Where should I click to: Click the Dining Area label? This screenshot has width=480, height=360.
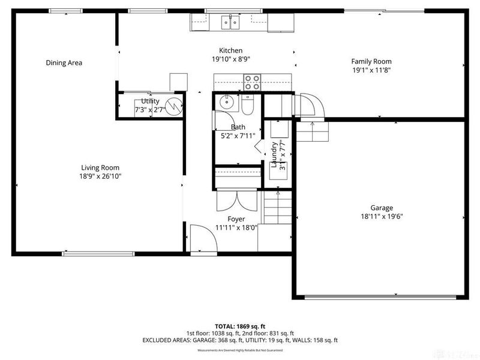64,62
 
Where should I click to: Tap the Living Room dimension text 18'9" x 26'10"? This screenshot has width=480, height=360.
101,176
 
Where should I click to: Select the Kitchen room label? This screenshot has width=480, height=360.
230,50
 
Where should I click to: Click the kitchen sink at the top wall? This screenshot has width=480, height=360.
229,23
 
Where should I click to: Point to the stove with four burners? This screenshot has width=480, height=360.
253,81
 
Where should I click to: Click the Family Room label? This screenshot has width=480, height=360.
371,61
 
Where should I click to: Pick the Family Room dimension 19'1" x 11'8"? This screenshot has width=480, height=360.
371,70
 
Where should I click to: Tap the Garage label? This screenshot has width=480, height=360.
381,208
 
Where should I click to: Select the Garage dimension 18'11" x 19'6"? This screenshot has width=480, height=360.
381,217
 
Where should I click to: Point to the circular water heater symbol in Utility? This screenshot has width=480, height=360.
173,107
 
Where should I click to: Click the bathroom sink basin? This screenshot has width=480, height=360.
226,102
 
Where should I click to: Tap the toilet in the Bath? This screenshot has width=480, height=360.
248,106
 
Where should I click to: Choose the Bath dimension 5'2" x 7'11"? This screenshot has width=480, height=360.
238,136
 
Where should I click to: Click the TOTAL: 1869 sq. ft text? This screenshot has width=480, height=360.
239,325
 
